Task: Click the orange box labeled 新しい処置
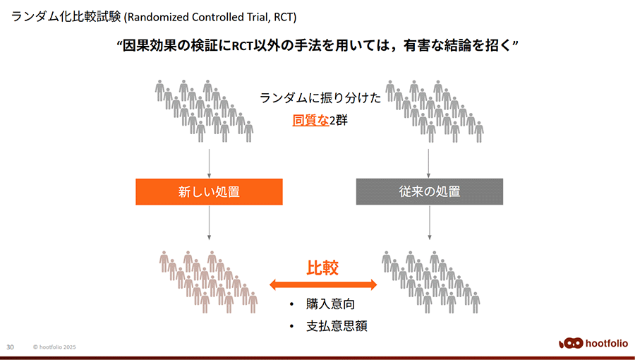coord(209,191)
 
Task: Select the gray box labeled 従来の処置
coord(430,191)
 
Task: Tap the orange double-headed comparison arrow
coord(323,284)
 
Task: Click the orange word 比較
coord(322,268)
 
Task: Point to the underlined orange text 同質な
coord(310,120)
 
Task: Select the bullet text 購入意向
coord(330,304)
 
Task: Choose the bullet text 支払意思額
coord(337,326)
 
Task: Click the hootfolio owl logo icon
coord(571,343)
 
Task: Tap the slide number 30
coord(10,347)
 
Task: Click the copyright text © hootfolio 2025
coord(54,347)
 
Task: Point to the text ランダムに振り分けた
coord(320,98)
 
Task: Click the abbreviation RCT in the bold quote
coord(242,46)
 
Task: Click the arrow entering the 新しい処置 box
coord(209,164)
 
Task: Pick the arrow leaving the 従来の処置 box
coord(430,222)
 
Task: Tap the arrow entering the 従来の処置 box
coord(428,164)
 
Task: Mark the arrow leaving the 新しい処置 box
coord(209,222)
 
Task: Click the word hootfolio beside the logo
coord(607,344)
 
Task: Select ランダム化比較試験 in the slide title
coord(66,18)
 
